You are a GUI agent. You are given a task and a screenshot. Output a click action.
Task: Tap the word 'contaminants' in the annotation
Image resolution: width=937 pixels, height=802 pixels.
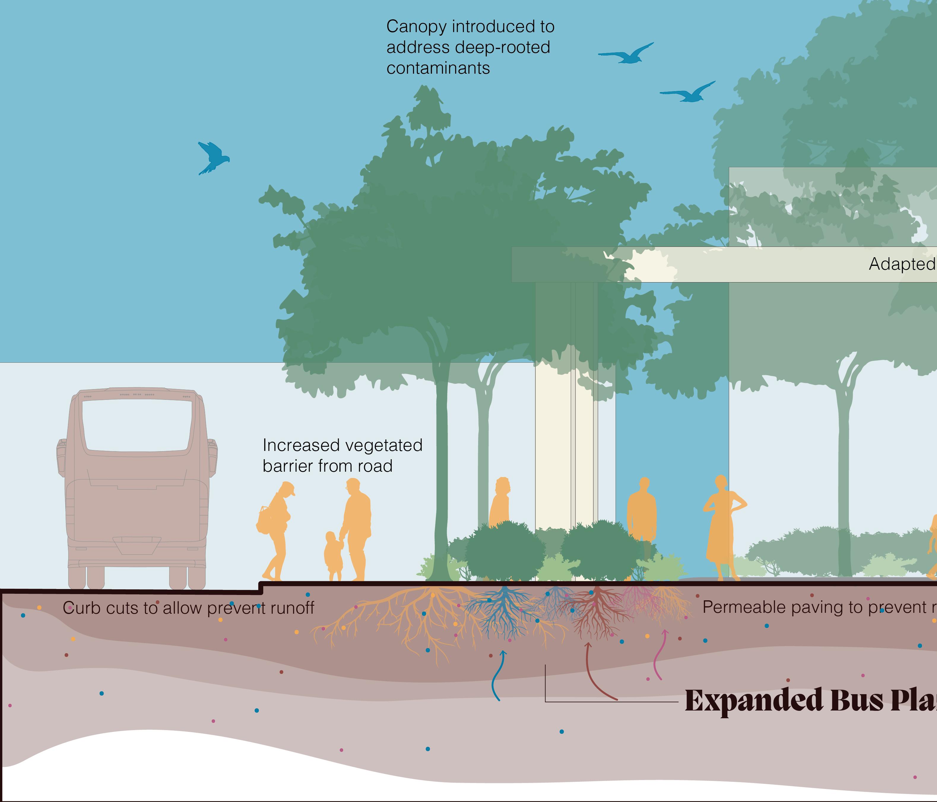(x=438, y=68)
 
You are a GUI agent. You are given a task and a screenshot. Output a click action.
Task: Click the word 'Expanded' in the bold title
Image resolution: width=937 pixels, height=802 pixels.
(x=753, y=701)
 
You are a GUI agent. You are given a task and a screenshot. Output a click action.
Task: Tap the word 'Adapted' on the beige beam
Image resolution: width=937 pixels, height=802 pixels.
(x=901, y=264)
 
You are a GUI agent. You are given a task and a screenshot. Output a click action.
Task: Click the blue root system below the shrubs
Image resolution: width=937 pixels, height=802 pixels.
(x=502, y=611)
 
